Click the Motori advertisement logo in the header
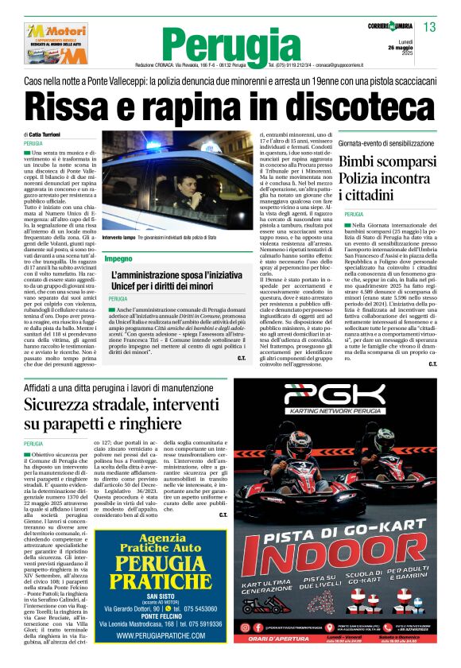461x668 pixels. pyautogui.click(x=54, y=45)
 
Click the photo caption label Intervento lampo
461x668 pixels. pyautogui.click(x=119, y=238)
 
